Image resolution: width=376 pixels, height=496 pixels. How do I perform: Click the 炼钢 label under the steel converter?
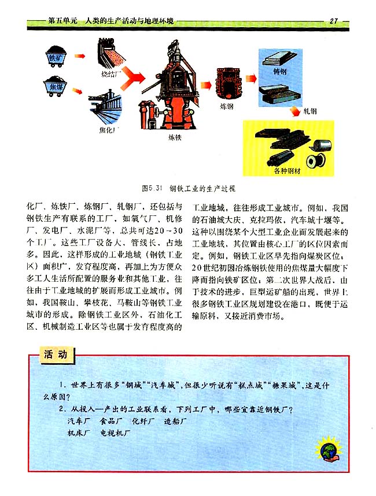coord(226,106)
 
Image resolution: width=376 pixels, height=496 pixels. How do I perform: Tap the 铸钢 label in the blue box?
coord(279,72)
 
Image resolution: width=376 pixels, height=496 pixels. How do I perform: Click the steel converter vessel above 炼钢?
coord(227,83)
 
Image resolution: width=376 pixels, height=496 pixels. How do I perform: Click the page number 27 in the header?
coord(334,21)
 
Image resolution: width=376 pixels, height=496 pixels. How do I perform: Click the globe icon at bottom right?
coord(327,449)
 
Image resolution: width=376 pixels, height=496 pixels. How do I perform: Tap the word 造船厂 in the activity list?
coord(176,420)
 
